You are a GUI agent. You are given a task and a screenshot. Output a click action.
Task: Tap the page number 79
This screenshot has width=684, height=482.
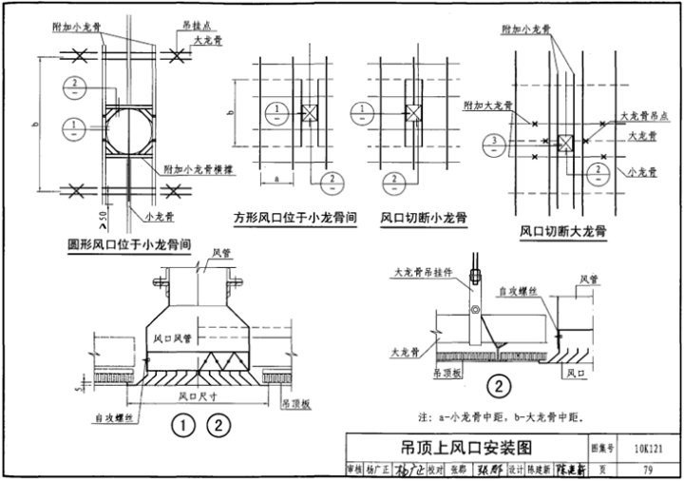pyautogui.click(x=647, y=468)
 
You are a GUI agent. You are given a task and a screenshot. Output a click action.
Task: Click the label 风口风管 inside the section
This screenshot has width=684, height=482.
pyautogui.click(x=173, y=338)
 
